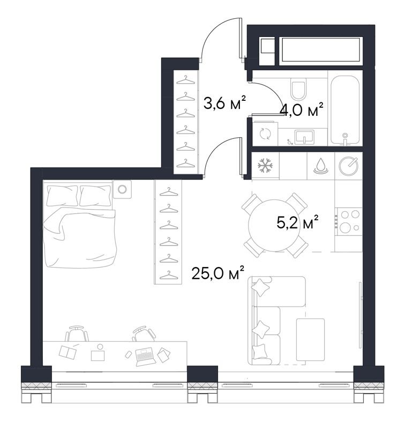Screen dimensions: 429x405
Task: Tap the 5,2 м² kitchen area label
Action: click(x=298, y=222)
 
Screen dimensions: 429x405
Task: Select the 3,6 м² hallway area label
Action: click(x=224, y=102)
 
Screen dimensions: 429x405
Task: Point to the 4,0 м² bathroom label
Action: click(x=302, y=110)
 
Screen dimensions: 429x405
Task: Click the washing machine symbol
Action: click(x=264, y=134)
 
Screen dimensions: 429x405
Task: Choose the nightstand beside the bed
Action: click(x=122, y=189)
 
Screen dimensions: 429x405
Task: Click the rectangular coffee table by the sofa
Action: click(x=310, y=340)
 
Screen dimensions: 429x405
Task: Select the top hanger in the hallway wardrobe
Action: click(x=185, y=80)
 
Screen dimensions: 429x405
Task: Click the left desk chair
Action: click(x=77, y=334)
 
